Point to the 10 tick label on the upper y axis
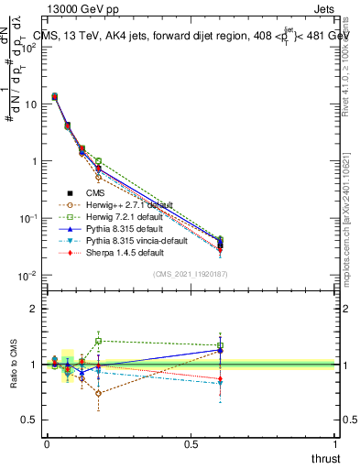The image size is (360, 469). tap(30, 104)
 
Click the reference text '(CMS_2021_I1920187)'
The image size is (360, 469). tap(191, 273)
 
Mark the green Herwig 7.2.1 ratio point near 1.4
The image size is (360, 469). tap(98, 341)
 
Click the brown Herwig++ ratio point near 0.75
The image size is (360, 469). tap(98, 393)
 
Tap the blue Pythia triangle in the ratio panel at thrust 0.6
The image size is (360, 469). tap(220, 350)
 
